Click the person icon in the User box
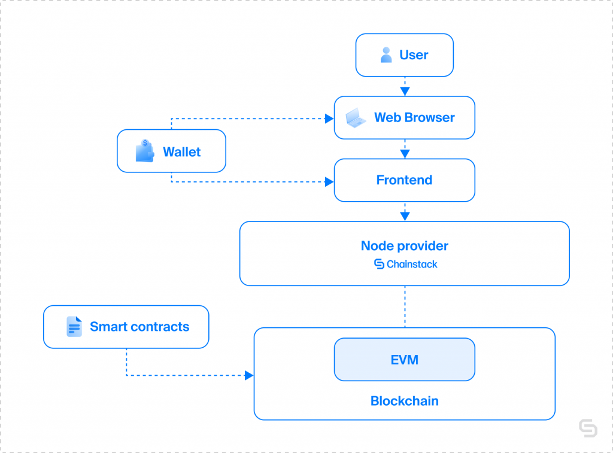pyautogui.click(x=386, y=54)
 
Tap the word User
pyautogui.click(x=414, y=55)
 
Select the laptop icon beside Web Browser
pyautogui.click(x=356, y=118)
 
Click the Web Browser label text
pyautogui.click(x=414, y=118)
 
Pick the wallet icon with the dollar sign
pyautogui.click(x=145, y=151)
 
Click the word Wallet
pyautogui.click(x=182, y=151)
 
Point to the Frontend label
pyautogui.click(x=404, y=180)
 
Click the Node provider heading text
pyautogui.click(x=405, y=246)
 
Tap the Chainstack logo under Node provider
pyautogui.click(x=405, y=264)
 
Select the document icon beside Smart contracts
pyautogui.click(x=74, y=326)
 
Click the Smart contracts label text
pyautogui.click(x=139, y=327)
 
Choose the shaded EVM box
pyautogui.click(x=405, y=360)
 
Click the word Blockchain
pyautogui.click(x=405, y=401)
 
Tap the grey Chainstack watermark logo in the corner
pyautogui.click(x=588, y=428)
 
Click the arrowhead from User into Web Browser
pyautogui.click(x=405, y=92)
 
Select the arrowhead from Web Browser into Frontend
pyautogui.click(x=405, y=154)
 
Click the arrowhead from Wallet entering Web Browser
pyautogui.click(x=330, y=118)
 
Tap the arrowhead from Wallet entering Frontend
pyautogui.click(x=330, y=182)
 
